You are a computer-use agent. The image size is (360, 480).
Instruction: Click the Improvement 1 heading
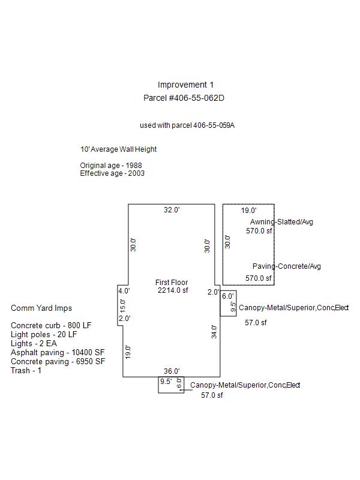(185, 85)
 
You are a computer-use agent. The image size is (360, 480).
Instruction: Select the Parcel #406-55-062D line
(185, 97)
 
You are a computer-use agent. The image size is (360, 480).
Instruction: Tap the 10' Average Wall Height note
(118, 149)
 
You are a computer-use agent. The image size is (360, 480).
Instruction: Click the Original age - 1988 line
(111, 165)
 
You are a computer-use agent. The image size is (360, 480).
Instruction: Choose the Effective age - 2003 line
(112, 173)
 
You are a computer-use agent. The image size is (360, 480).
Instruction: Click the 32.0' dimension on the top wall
(172, 210)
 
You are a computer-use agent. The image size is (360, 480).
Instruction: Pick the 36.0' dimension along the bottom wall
(172, 371)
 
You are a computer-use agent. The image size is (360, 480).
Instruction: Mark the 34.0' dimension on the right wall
(214, 332)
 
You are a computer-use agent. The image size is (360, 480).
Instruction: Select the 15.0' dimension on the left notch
(123, 305)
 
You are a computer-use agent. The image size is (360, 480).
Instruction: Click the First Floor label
(172, 283)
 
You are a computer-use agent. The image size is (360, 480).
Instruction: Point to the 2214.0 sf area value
(173, 291)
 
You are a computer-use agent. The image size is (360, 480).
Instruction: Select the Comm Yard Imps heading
(41, 308)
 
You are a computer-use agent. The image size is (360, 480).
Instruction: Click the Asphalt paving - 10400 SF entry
(58, 353)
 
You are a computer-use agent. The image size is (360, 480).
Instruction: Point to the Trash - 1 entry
(26, 370)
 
